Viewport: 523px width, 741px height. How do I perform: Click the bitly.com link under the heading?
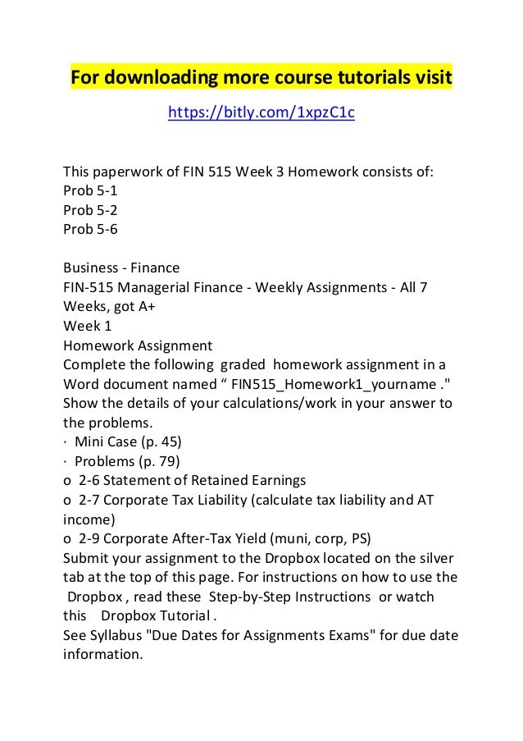pos(261,112)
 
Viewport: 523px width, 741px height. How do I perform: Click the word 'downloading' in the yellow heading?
pos(155,80)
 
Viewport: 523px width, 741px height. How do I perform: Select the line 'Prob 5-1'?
pos(90,191)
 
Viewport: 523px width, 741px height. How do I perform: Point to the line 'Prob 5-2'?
pos(90,210)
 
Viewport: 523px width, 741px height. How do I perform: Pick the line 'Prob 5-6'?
pos(90,229)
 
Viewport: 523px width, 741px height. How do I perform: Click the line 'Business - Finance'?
pos(121,268)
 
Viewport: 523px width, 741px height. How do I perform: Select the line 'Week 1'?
pos(87,325)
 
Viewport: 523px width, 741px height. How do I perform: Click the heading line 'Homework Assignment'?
pos(138,344)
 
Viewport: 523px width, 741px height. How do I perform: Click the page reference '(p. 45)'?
pos(157,440)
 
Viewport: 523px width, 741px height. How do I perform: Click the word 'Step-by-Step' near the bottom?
pos(251,597)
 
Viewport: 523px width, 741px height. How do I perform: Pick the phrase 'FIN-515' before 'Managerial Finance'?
pos(87,286)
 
